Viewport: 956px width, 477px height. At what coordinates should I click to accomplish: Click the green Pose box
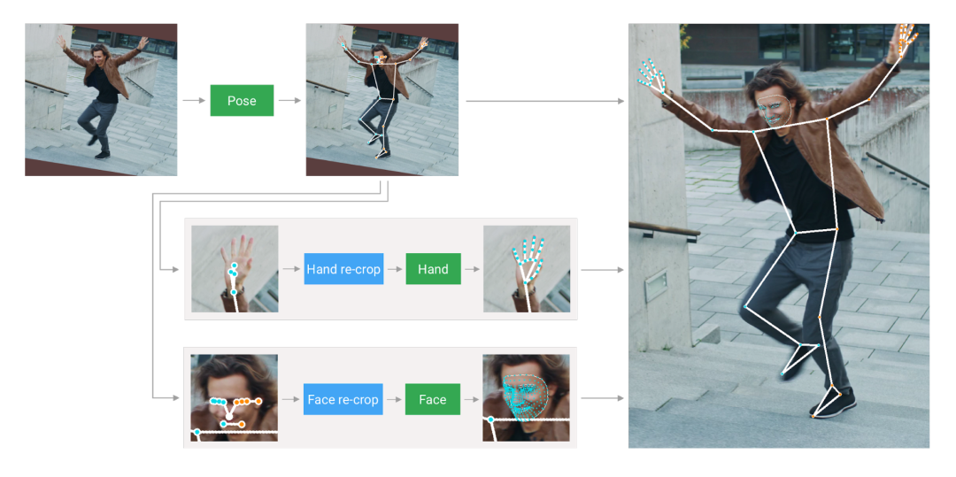coord(242,101)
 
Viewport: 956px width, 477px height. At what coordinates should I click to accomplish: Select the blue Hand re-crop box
coord(343,269)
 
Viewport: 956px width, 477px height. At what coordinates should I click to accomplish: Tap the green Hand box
coord(434,269)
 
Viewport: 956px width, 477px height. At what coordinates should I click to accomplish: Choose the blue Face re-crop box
coord(343,400)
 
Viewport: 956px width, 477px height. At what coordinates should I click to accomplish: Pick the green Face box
coord(433,400)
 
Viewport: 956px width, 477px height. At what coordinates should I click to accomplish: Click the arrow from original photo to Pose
coord(193,101)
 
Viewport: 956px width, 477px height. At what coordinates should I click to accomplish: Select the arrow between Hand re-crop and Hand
coord(395,269)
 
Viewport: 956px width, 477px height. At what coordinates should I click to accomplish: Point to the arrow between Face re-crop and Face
coord(394,400)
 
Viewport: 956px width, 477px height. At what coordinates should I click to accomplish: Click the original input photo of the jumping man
coord(101,100)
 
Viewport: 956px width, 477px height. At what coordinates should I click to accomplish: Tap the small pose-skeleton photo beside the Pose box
coord(382,100)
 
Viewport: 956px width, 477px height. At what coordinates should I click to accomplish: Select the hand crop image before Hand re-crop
coord(235,269)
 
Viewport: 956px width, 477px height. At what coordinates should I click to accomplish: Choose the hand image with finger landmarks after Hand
coord(527,269)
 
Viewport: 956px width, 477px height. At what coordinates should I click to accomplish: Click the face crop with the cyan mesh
coord(526,398)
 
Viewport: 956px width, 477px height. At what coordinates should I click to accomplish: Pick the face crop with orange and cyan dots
coord(234,398)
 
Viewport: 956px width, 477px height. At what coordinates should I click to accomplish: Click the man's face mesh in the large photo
coord(775,110)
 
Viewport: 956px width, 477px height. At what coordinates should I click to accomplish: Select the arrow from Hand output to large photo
coord(603,269)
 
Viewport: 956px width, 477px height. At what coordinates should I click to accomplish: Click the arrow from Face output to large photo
coord(603,398)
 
